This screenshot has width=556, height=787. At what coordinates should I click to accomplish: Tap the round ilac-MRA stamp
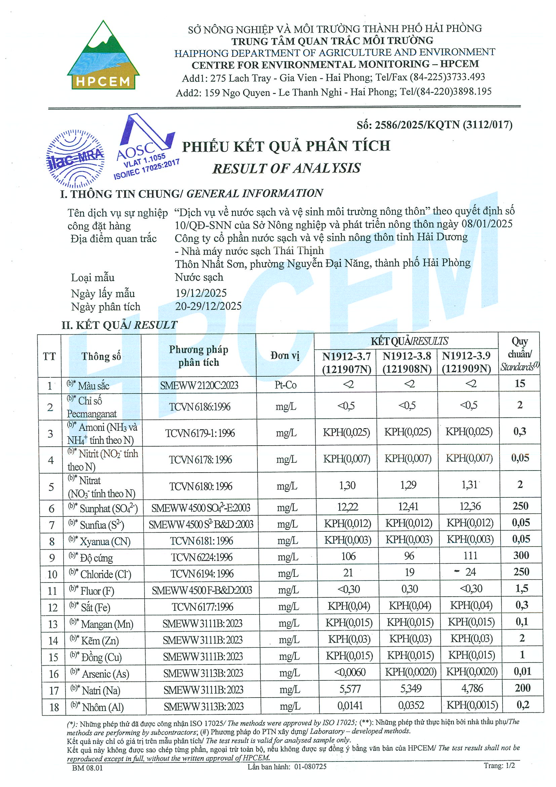[x=75, y=159]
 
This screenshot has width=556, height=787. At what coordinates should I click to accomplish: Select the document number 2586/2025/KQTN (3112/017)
[x=434, y=125]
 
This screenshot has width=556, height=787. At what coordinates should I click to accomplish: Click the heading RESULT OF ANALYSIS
[x=286, y=168]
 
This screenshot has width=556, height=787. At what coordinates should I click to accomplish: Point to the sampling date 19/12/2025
[x=201, y=293]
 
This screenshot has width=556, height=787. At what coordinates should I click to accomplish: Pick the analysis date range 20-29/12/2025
[x=208, y=306]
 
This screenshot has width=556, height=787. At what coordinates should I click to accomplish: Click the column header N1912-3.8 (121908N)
[x=407, y=362]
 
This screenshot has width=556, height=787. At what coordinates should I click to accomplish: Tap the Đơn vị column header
[x=285, y=356]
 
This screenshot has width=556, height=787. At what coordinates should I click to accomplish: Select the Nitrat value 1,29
[x=408, y=485]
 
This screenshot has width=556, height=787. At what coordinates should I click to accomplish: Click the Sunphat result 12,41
[x=408, y=507]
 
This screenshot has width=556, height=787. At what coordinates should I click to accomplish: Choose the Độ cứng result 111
[x=470, y=556]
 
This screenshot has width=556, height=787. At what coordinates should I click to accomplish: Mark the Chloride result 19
[x=409, y=572]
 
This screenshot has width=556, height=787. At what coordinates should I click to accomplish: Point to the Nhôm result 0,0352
[x=411, y=705]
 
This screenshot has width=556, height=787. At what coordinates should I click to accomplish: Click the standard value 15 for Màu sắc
[x=520, y=383]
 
